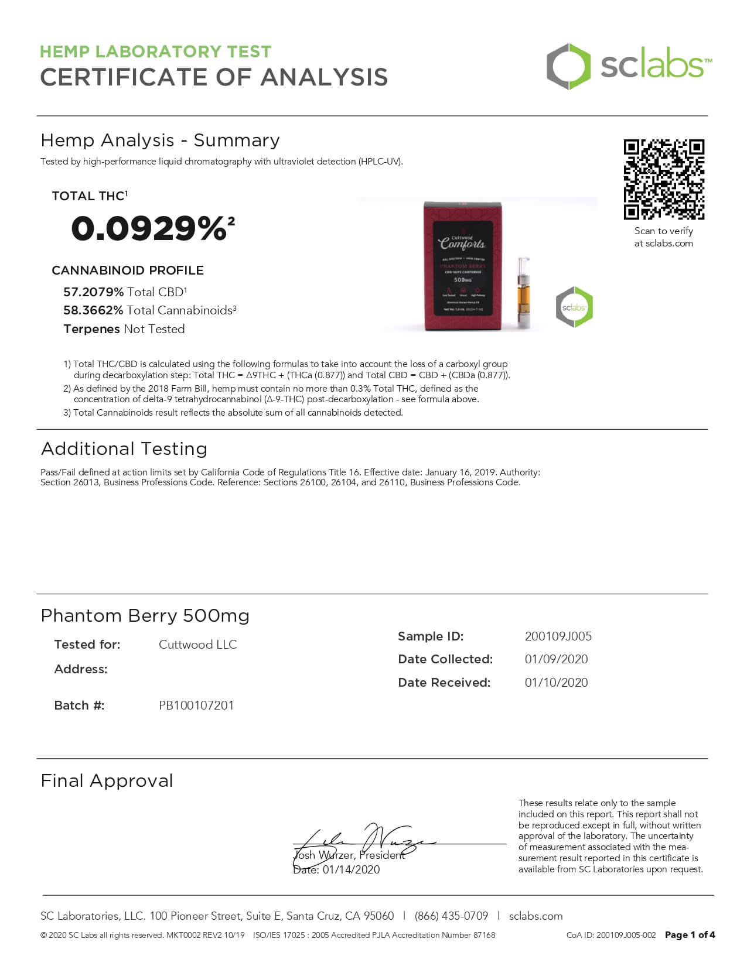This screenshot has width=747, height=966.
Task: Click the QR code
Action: [664, 179]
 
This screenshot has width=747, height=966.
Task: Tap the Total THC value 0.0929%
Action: [149, 228]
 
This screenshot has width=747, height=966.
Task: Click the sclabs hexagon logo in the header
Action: [568, 66]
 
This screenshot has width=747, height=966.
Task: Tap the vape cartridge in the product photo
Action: [523, 292]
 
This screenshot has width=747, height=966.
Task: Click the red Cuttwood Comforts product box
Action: [462, 266]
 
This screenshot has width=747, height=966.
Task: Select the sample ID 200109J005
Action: [558, 636]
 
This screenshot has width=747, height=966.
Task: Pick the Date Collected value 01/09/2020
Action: [556, 659]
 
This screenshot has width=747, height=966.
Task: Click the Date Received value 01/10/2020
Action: [556, 683]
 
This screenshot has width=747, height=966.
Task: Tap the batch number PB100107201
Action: [196, 705]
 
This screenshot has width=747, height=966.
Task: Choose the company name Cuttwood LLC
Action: [197, 645]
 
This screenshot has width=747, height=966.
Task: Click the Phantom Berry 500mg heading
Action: [145, 615]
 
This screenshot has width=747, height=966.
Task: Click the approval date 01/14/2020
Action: [351, 870]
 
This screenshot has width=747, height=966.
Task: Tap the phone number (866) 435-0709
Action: [451, 916]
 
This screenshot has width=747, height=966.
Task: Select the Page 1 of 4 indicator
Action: [690, 935]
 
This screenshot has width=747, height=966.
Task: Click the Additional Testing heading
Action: [124, 448]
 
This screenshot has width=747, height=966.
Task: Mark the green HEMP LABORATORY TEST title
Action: [155, 52]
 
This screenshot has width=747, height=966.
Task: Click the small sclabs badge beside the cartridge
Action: [574, 307]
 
